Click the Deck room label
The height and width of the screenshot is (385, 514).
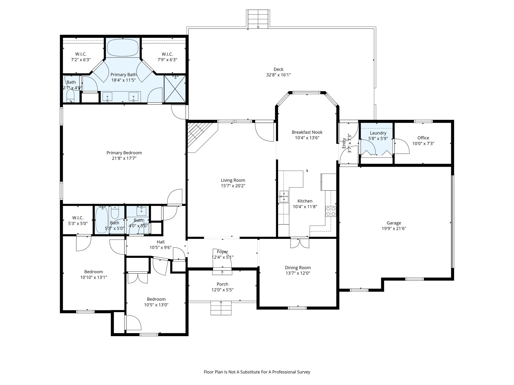278,69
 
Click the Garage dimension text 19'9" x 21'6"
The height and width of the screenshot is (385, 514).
394,228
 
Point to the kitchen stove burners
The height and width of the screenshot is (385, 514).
331,211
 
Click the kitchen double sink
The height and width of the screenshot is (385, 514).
284,197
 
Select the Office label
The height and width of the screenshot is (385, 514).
423,138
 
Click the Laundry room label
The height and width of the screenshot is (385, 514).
378,133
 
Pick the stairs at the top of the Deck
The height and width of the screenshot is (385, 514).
258,19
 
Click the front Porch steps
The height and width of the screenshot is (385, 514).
221,308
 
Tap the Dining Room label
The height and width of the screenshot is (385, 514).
298,268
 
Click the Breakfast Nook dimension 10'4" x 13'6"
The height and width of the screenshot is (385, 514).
307,138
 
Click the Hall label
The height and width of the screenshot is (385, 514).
160,242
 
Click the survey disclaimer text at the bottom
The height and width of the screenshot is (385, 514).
257,372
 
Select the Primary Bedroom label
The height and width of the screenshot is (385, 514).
124,153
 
